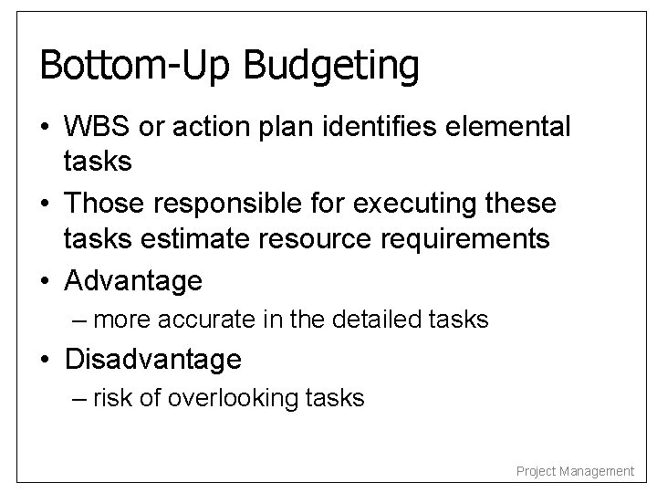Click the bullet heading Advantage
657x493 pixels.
click(x=133, y=281)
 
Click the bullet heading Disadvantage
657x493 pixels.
click(x=152, y=360)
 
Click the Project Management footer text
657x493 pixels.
click(x=575, y=471)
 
